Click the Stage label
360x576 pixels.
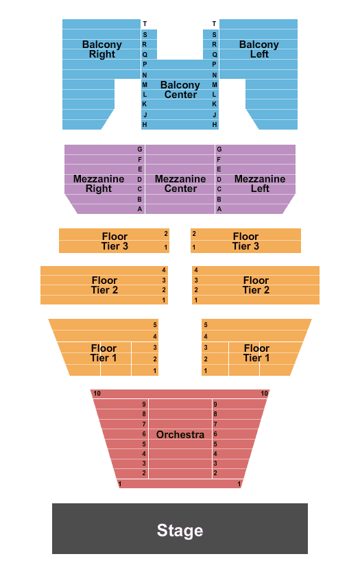pyautogui.click(x=180, y=531)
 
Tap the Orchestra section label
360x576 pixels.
pyautogui.click(x=180, y=435)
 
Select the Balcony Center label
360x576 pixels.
pyautogui.click(x=180, y=90)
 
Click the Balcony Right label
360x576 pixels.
pyautogui.click(x=101, y=49)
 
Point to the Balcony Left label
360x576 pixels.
pyautogui.click(x=259, y=49)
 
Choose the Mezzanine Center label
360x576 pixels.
pyautogui.click(x=180, y=184)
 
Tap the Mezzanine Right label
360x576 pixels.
pyautogui.click(x=99, y=184)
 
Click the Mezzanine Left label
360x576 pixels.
pyautogui.click(x=260, y=184)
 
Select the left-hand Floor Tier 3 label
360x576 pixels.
pyautogui.click(x=115, y=241)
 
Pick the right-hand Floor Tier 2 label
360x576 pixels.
pyautogui.click(x=256, y=285)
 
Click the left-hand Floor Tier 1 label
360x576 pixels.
pyautogui.click(x=104, y=353)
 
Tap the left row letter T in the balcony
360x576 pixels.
pyautogui.click(x=145, y=24)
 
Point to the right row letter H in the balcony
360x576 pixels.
pyautogui.click(x=215, y=125)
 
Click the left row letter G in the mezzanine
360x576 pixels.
pyautogui.click(x=140, y=149)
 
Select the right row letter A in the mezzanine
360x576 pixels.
pyautogui.click(x=219, y=209)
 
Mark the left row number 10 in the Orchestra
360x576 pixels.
pyautogui.click(x=97, y=394)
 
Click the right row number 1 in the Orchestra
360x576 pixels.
pyautogui.click(x=239, y=484)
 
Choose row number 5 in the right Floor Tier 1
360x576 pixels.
pyautogui.click(x=206, y=325)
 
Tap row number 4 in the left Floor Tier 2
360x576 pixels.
pyautogui.click(x=164, y=270)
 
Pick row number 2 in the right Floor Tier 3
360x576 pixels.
pyautogui.click(x=194, y=234)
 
